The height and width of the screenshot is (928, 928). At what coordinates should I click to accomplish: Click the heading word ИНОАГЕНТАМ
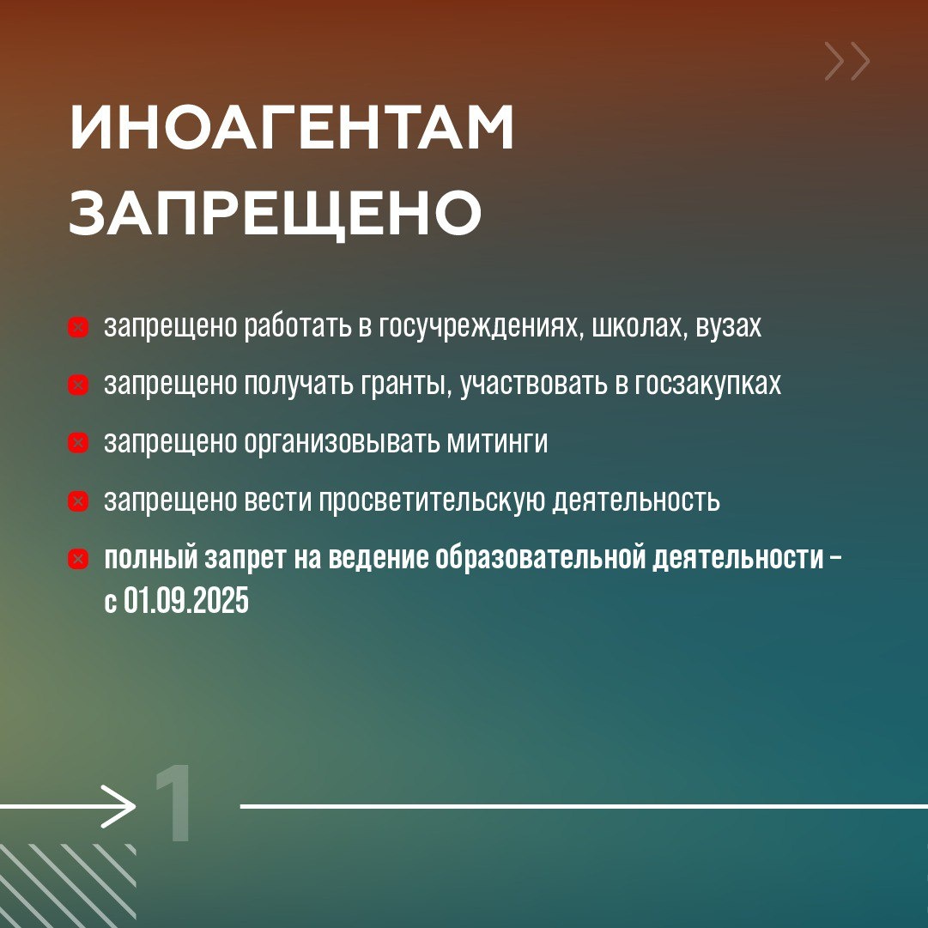[x=291, y=130]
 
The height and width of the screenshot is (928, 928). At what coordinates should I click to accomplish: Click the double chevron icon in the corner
[x=847, y=61]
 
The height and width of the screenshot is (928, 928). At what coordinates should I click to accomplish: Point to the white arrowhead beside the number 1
[x=120, y=806]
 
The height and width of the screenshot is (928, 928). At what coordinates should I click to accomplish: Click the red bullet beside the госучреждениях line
[x=78, y=327]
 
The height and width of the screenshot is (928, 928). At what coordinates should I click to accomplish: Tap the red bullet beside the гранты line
[x=78, y=385]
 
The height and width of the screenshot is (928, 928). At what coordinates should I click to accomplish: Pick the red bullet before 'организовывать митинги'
[x=78, y=443]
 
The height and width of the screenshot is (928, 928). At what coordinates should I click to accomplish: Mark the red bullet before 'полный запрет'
[x=78, y=559]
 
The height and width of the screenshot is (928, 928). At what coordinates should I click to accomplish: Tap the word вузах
[x=729, y=327]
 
